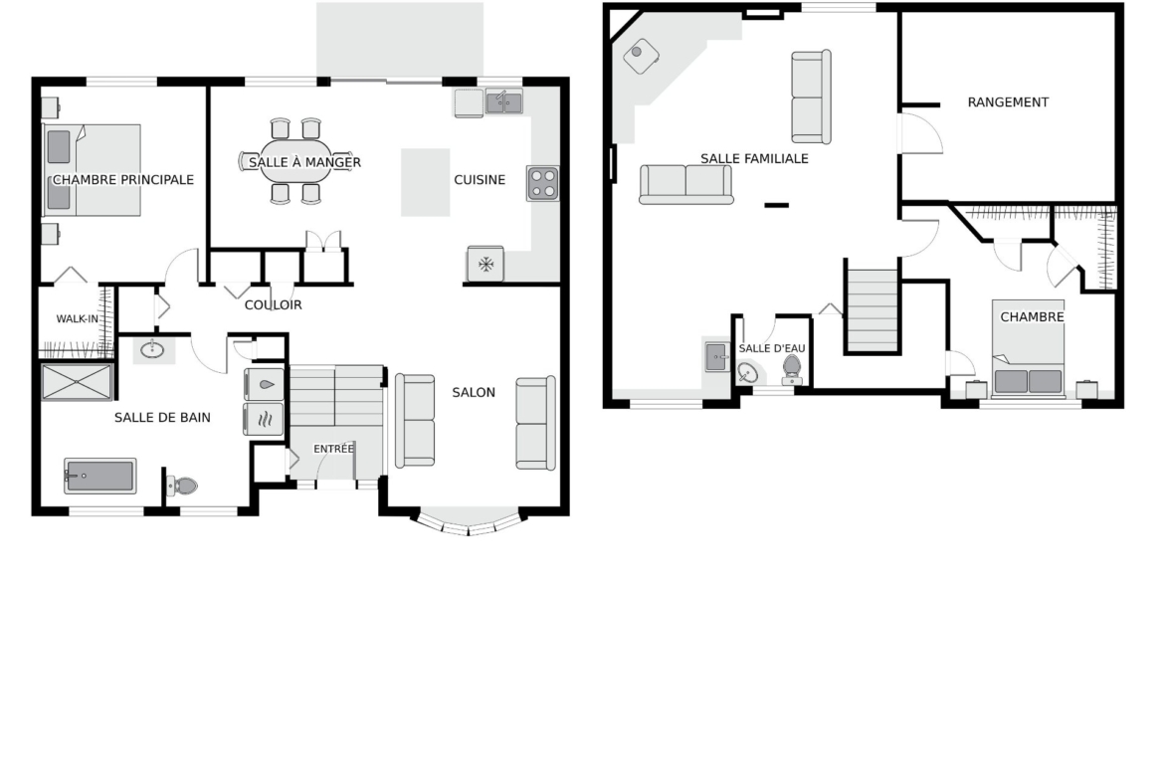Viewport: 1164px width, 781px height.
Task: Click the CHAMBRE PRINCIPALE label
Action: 123,180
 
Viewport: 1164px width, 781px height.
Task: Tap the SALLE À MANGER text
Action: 305,162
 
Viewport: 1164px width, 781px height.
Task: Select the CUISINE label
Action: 480,180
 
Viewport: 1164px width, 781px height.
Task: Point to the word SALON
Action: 474,392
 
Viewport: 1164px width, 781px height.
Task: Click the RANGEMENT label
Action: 1008,102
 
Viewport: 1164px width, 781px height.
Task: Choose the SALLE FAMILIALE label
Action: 754,158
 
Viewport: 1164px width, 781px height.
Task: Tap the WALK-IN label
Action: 78,319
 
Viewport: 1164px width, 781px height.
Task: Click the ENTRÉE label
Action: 333,449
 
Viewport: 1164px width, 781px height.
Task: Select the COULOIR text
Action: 274,304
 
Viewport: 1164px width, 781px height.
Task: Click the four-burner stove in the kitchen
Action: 543,184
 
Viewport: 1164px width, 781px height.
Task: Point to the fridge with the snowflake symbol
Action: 485,265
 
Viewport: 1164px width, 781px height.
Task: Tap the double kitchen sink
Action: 504,101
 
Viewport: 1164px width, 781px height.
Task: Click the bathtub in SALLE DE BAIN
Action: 100,476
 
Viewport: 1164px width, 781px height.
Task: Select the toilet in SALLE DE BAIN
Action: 181,487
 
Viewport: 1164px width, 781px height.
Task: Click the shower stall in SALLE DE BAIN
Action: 77,382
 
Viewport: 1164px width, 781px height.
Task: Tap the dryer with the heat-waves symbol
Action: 264,420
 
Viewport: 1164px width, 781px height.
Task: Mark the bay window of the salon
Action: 469,522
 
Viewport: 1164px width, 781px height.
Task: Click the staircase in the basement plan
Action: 873,310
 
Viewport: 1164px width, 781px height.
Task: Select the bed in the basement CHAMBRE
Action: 1028,347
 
